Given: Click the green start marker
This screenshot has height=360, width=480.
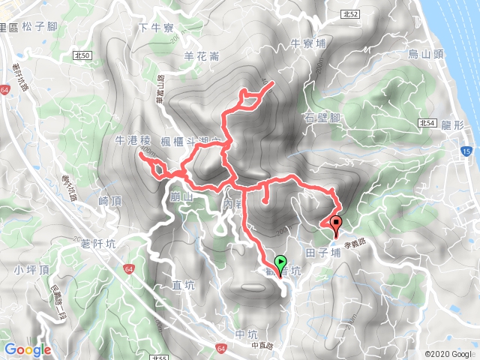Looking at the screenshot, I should [280, 262].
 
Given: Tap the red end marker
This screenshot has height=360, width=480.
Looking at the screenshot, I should [335, 223].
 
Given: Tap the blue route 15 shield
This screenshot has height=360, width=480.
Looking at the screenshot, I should [467, 151].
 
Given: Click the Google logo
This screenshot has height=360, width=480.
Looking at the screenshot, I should [28, 349].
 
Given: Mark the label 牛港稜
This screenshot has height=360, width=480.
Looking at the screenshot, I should [133, 140].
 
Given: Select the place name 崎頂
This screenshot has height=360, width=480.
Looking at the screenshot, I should [109, 201].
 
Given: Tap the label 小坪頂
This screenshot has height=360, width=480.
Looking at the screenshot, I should [28, 270].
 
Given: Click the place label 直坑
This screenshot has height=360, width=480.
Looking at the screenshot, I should [183, 284].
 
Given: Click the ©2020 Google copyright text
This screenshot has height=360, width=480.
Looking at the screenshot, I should [448, 354].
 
